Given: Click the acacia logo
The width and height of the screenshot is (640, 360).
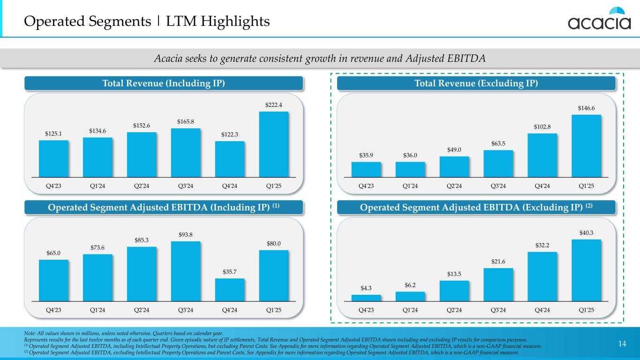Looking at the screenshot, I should tap(600, 19).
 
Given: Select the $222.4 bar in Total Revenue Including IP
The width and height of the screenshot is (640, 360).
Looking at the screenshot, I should tap(274, 144).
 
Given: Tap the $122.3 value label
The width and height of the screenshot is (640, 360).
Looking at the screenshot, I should tap(230, 135).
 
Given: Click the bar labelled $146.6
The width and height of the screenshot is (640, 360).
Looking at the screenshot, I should tap(586, 146).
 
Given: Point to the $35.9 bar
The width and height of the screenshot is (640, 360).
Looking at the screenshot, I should tap(366, 169).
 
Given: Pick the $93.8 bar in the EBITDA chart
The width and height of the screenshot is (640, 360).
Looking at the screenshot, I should tap(186, 271).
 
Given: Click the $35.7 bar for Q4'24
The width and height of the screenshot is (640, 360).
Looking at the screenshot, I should tap(230, 289).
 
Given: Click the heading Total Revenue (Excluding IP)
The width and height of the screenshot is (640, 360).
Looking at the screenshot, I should tap(476, 83).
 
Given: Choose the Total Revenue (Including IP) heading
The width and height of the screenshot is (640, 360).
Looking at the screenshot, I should tap(164, 83).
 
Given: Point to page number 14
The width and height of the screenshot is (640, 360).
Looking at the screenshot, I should tap(622, 345).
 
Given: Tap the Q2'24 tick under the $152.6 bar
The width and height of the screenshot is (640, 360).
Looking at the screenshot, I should tap(142, 186).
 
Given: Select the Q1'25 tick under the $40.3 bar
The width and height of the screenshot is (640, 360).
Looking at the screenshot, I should tap(586, 310).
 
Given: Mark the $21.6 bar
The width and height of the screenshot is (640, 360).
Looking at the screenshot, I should tap(498, 284).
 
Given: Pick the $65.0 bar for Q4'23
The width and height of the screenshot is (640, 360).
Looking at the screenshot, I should tap(53, 280).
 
